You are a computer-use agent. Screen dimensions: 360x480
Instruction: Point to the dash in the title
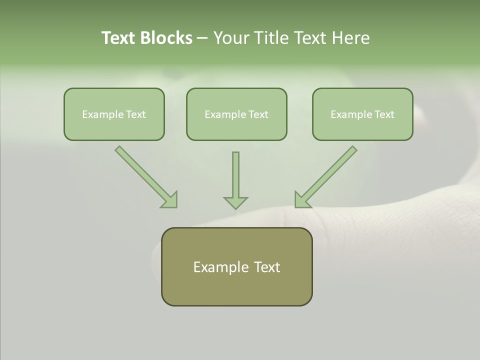tap(202, 38)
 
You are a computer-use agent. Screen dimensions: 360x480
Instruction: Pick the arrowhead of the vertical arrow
tap(235, 202)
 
